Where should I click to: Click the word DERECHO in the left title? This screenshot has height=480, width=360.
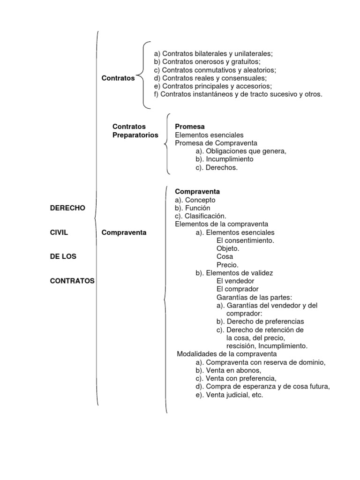click(67, 208)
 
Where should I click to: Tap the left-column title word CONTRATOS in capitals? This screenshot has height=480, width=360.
click(72, 281)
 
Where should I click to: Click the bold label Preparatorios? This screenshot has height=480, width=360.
click(135, 135)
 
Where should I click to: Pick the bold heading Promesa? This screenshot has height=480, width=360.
click(190, 127)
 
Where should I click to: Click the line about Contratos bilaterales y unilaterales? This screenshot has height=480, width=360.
click(213, 53)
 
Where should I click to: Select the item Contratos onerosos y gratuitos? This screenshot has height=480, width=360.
click(207, 61)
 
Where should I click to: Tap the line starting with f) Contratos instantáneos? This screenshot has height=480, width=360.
click(238, 94)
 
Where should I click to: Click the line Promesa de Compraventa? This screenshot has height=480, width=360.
click(216, 143)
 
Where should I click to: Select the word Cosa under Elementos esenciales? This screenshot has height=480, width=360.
click(225, 256)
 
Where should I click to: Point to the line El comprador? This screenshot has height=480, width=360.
click(238, 289)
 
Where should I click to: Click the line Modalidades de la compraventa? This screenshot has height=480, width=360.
click(227, 354)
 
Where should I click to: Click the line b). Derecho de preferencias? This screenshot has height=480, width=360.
click(260, 322)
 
